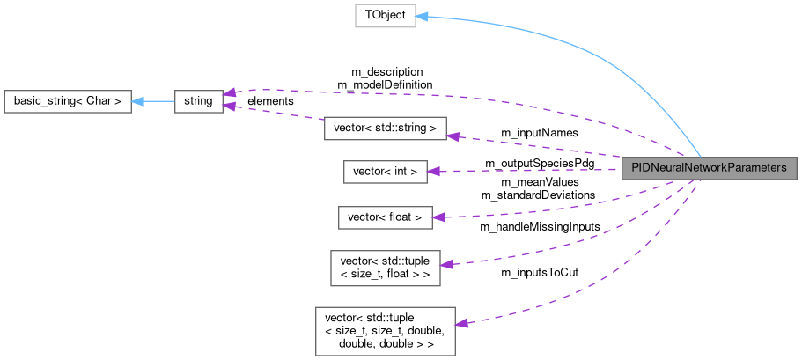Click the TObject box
pos(385,16)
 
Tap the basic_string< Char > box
pos(68,101)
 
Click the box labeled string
pos(198,101)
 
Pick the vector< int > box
pos(385,172)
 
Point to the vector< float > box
pos(386,217)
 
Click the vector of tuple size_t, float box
pos(385,266)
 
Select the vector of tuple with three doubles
pos(385,330)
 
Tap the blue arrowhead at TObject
pos(422,17)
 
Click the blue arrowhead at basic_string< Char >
pos(138,101)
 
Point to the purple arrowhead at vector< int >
pos(433,172)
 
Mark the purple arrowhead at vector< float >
pos(438,217)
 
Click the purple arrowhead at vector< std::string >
pos(453,136)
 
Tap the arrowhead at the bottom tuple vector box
pos(460,323)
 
